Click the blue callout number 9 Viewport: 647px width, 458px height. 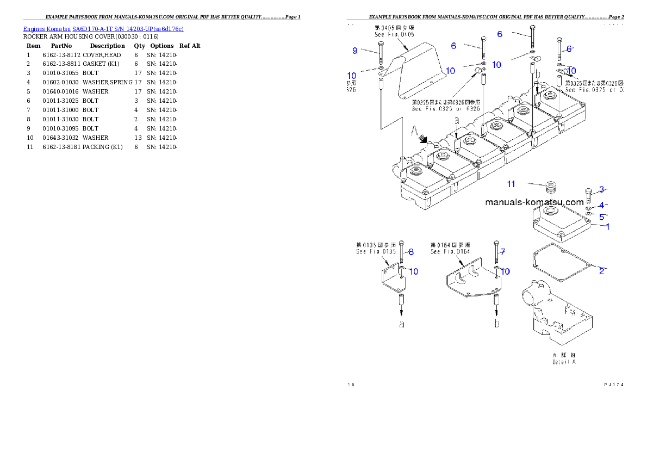coord(355,51)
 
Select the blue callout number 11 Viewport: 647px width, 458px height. coord(511,184)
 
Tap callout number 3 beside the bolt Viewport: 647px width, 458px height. coord(602,189)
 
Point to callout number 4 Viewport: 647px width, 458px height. coord(601,205)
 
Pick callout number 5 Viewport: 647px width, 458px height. coord(602,216)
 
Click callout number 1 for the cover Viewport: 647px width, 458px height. coord(608,227)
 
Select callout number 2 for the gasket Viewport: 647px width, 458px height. coord(602,271)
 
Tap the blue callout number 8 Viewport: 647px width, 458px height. coord(411,252)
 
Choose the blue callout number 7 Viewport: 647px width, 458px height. coord(503,252)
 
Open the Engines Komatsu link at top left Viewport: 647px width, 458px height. coord(103,28)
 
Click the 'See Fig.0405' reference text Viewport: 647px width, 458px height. coord(395,34)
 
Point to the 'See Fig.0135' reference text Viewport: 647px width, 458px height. coord(376,252)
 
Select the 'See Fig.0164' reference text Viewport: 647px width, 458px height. coord(450,252)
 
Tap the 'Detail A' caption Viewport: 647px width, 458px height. coord(564,362)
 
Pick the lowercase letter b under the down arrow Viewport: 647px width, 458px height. coord(496,324)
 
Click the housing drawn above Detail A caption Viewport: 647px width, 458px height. coord(560,315)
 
